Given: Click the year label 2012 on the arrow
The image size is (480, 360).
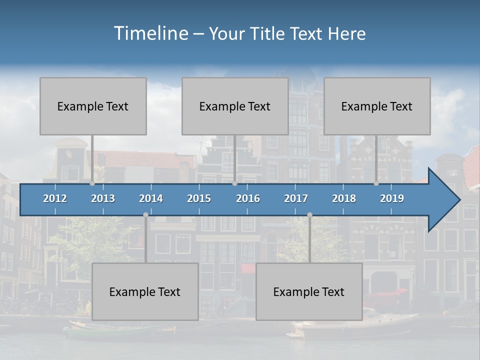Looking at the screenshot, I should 55,198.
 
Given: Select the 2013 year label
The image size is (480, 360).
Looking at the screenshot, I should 103,198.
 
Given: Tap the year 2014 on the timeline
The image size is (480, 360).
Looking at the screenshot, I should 151,198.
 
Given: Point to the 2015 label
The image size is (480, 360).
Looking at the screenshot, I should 199,198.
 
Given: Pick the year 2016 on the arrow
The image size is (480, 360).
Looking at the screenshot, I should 248,198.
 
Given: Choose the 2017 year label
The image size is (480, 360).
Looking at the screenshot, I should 296,198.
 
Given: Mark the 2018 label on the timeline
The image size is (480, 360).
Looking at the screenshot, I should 344,198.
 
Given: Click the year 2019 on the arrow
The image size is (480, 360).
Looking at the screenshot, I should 392,198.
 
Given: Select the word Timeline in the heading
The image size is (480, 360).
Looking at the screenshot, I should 150,33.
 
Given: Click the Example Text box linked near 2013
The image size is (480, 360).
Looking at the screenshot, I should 93,106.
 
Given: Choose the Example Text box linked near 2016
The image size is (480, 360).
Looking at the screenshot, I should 235,106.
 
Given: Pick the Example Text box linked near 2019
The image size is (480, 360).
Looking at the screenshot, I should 377,106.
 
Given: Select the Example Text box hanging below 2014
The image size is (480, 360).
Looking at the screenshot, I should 145,291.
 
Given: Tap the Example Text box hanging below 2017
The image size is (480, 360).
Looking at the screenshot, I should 309,291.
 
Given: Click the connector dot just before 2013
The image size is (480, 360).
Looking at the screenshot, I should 92,183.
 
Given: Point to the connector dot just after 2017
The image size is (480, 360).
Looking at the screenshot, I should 309,215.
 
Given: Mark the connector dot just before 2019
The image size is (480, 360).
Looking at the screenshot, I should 376,183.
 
